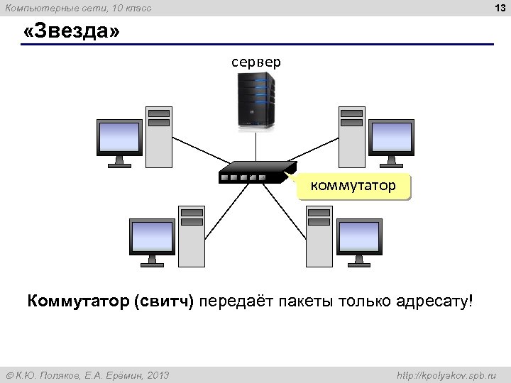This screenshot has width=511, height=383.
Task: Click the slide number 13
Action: [499, 8]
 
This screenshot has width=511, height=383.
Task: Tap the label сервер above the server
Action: [255, 62]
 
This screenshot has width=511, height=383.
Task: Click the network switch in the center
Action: [255, 171]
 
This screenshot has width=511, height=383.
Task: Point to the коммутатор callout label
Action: [353, 187]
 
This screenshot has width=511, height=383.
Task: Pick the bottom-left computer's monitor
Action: [152, 238]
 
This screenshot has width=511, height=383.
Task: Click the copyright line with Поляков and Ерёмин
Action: [88, 374]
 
